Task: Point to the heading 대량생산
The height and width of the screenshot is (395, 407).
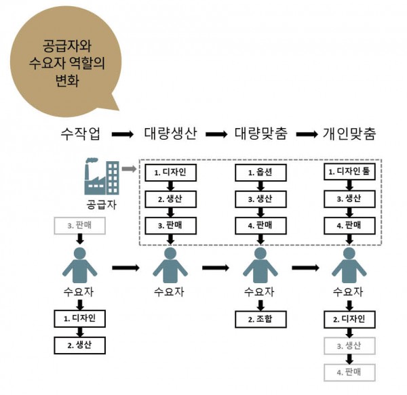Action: (170, 133)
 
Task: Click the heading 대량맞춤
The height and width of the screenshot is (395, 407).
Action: (260, 133)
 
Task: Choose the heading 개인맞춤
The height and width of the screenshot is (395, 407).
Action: (350, 133)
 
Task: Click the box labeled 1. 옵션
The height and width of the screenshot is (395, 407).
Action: (260, 173)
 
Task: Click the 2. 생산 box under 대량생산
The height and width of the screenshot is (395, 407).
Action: (170, 199)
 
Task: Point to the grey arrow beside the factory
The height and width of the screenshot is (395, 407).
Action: (129, 167)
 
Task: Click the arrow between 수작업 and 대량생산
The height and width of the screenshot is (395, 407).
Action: (122, 134)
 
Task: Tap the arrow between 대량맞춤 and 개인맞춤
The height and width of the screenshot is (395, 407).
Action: (305, 134)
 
